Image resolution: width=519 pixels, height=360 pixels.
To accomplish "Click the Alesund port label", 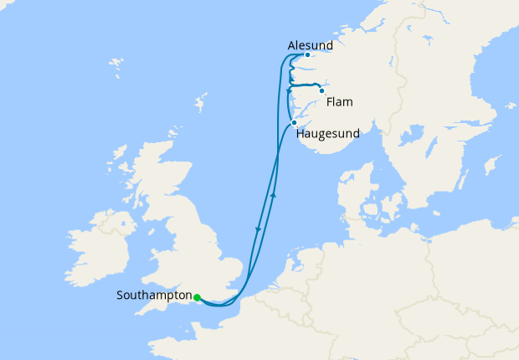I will point(310,44).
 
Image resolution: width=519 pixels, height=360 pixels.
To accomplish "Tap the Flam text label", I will point(340,102).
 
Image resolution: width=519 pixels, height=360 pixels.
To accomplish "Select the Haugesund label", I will point(327,134).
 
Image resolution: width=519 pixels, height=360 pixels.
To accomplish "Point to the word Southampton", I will point(154,296).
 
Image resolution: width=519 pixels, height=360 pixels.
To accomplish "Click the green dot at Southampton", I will point(197,297).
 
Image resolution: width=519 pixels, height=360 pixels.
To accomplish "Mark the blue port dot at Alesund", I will point(308,55).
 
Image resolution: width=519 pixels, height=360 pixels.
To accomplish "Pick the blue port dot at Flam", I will point(321,90).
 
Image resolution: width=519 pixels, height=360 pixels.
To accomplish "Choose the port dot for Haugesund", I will point(294,123).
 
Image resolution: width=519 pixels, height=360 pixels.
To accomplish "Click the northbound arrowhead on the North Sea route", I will point(275,195).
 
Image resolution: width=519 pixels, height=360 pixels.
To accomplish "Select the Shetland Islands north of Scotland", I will point(200,105).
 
